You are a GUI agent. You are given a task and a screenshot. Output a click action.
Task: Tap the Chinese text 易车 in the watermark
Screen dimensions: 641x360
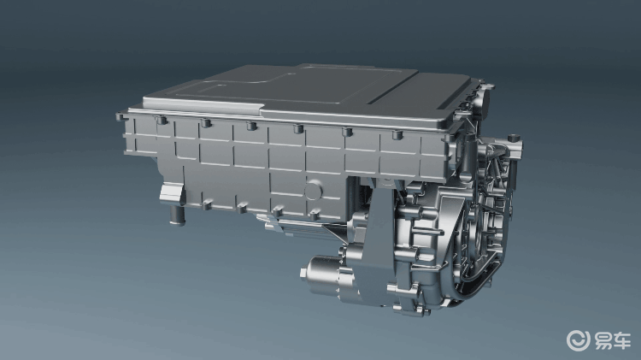[612, 341]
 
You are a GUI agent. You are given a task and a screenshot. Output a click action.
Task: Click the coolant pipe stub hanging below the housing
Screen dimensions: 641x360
[178, 215]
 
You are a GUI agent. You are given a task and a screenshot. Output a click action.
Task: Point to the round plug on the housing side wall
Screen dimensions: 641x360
[314, 190]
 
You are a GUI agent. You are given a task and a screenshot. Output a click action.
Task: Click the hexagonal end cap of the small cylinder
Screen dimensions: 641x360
[303, 274]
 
